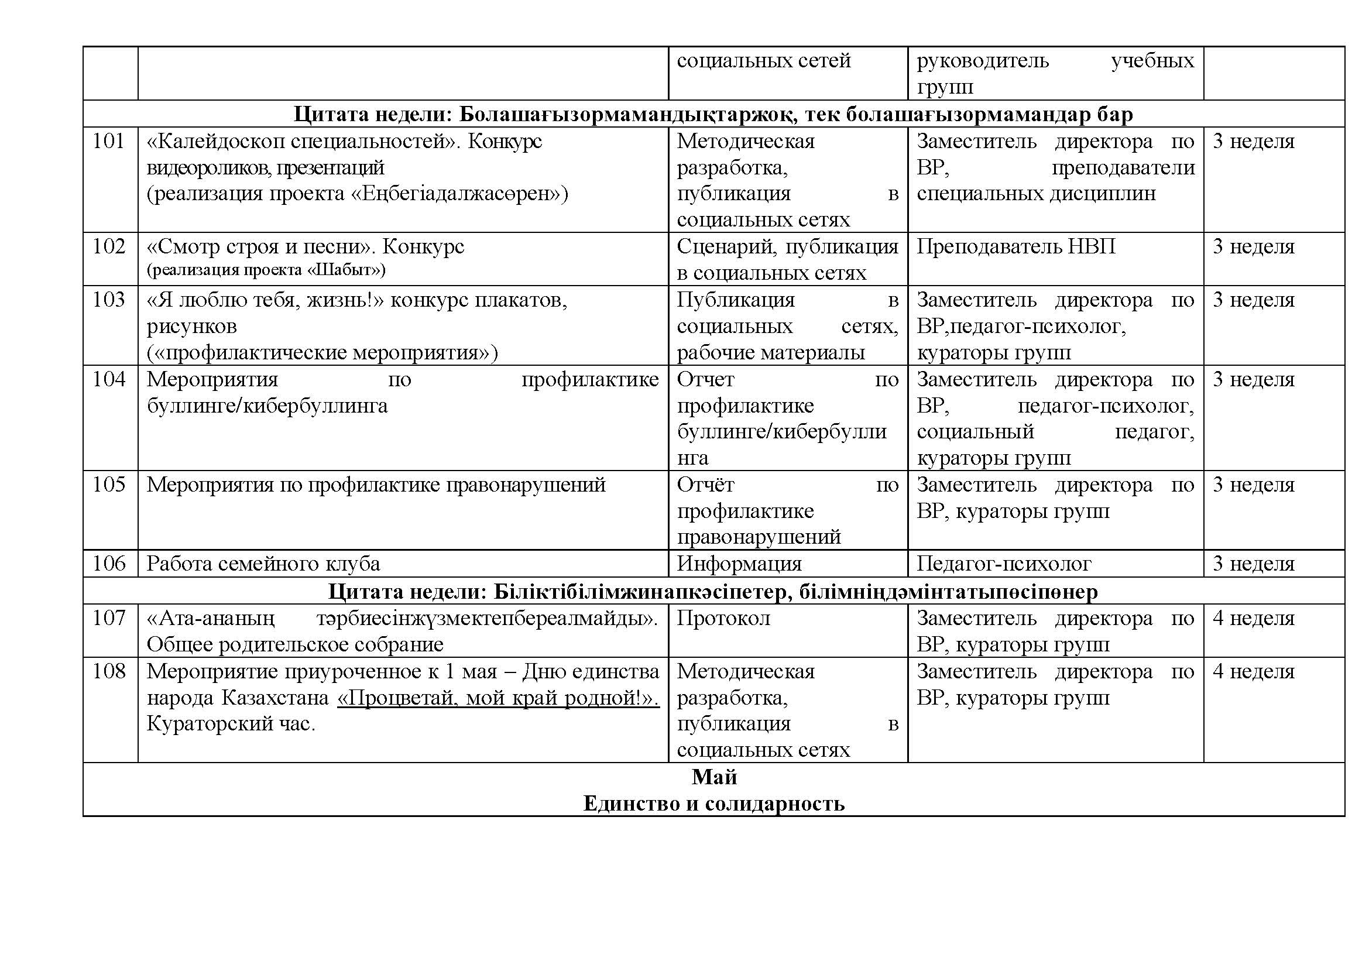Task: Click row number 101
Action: click(108, 142)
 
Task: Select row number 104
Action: click(108, 380)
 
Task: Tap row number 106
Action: click(108, 564)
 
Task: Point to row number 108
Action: click(108, 672)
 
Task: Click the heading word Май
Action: click(713, 777)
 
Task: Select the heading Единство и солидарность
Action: click(713, 804)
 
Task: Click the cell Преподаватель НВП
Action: click(1015, 247)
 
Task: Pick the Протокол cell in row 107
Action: click(723, 619)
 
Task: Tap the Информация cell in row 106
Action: click(739, 564)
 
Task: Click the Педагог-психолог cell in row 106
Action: click(1004, 564)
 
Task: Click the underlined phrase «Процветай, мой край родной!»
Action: click(498, 698)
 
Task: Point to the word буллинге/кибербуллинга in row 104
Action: click(267, 406)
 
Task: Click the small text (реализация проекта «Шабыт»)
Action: click(266, 270)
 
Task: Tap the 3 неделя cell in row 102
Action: click(1253, 247)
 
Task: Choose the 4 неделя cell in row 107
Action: click(1253, 619)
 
